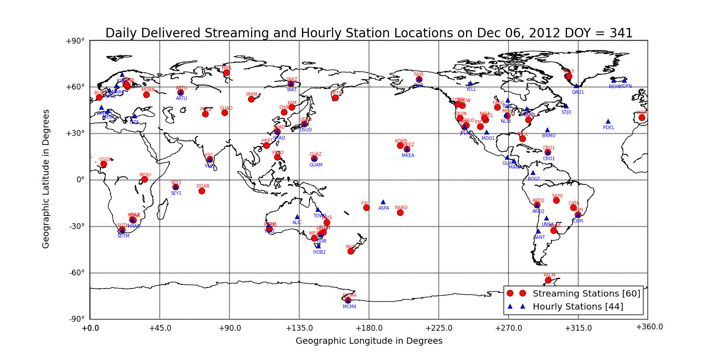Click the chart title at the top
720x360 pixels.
(x=369, y=33)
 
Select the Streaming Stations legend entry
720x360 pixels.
(x=586, y=293)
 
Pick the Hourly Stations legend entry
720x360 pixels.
(x=578, y=306)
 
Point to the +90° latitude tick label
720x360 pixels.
(x=75, y=41)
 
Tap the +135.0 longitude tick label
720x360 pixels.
(x=299, y=328)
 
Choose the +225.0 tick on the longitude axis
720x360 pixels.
(x=439, y=328)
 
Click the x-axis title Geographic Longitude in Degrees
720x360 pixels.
(x=369, y=341)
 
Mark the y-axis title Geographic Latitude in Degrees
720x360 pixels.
(x=46, y=179)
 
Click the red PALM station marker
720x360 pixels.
(x=548, y=280)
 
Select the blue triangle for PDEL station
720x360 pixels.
(x=608, y=121)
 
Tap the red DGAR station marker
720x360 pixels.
(x=202, y=191)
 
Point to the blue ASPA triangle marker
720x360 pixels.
(x=383, y=202)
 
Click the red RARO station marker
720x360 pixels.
(x=400, y=212)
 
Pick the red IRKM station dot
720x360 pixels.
(x=251, y=99)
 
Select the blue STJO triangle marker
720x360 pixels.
(x=566, y=106)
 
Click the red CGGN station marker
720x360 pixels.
(x=103, y=164)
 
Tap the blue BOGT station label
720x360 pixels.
(x=534, y=179)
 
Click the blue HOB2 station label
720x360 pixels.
(x=319, y=252)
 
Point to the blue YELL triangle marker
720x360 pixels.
(x=470, y=83)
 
